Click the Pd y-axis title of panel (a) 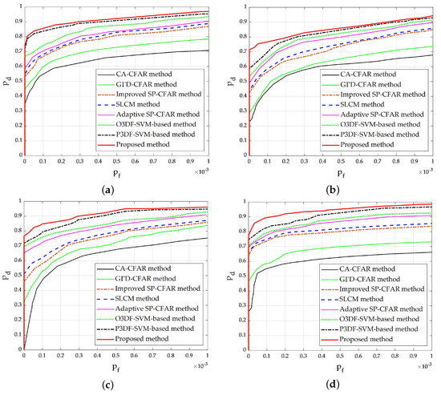[x=6, y=79]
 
